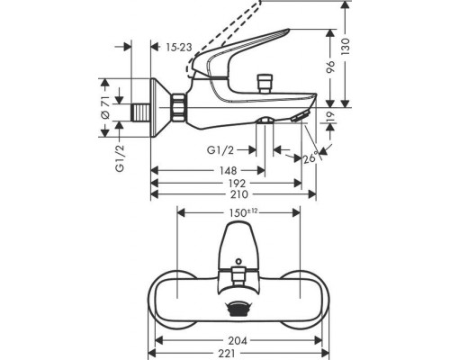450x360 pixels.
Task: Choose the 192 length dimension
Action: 226,182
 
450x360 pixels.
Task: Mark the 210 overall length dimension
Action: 233,193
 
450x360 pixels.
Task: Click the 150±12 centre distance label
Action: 239,211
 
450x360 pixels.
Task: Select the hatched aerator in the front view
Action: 238,308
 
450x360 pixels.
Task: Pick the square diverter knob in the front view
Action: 238,272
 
